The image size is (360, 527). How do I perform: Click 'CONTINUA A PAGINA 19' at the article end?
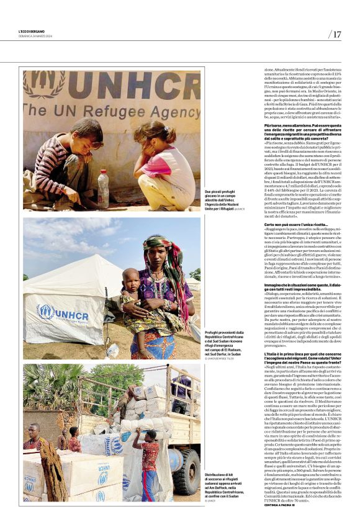click(283, 505)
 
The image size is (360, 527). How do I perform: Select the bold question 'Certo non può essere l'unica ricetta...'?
click(296, 224)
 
